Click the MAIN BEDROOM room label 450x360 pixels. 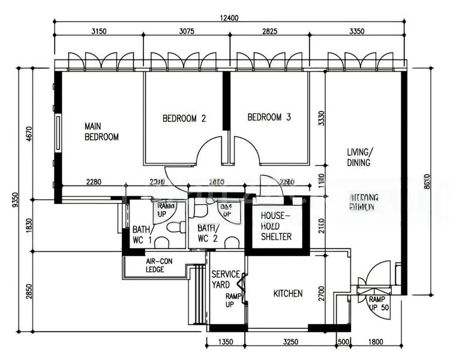(x=101, y=131)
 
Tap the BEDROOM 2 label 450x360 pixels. (x=184, y=118)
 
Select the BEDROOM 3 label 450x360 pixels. (x=269, y=117)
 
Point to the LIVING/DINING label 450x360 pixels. (x=358, y=157)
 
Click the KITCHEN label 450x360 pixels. (x=288, y=293)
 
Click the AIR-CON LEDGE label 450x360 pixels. (x=160, y=265)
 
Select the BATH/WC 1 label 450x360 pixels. (x=142, y=235)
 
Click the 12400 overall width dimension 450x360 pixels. (x=229, y=17)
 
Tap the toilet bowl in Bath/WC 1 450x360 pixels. (x=176, y=228)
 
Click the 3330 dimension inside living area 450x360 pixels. (x=321, y=118)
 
